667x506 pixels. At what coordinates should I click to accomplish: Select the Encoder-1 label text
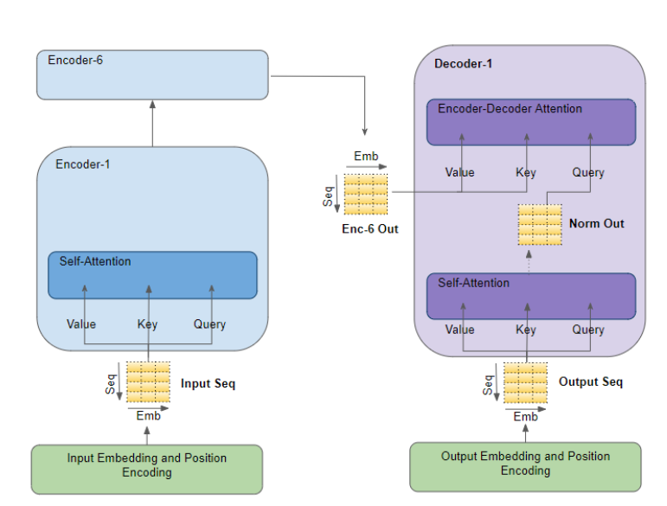[83, 164]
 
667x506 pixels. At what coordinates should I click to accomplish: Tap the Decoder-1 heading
[465, 64]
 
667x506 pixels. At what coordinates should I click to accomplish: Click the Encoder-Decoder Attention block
[530, 122]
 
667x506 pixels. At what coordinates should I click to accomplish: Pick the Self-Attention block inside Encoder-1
[152, 275]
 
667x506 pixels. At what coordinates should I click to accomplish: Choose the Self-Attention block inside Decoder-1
[530, 297]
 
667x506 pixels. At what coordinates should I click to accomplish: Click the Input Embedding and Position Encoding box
[147, 465]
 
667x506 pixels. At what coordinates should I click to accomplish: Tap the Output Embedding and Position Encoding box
[525, 464]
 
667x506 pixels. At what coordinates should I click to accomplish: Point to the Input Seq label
[208, 383]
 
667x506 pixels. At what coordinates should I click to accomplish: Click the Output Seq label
[590, 381]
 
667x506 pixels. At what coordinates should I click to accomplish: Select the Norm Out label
[596, 224]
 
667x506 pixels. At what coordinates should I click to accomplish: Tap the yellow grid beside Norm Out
[540, 225]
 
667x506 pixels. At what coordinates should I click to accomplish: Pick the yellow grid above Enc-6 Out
[365, 194]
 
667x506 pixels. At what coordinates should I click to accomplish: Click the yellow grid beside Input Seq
[148, 382]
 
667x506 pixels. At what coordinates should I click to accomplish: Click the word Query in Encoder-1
[209, 324]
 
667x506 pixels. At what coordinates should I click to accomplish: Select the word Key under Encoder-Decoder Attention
[526, 172]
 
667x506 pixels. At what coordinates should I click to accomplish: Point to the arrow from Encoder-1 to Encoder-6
[152, 123]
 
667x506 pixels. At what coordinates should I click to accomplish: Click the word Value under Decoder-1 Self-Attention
[459, 330]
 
